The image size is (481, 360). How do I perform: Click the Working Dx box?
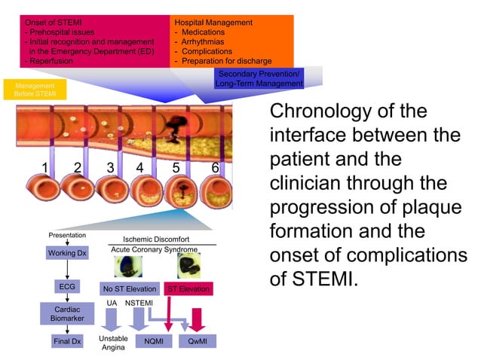(67, 254)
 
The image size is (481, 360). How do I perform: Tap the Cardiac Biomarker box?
(67, 314)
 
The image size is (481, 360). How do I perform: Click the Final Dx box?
(67, 341)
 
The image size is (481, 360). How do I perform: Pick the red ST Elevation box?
(188, 288)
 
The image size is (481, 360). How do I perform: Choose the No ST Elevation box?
(129, 288)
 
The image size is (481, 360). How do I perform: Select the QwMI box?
(197, 341)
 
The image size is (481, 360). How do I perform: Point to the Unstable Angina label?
(112, 343)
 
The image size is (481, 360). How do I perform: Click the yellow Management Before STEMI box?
(29, 90)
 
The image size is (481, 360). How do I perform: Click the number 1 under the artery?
(45, 168)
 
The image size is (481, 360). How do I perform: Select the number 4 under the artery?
(139, 168)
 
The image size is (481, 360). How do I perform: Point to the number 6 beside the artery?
(215, 168)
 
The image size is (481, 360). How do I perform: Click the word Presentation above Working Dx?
(67, 234)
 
